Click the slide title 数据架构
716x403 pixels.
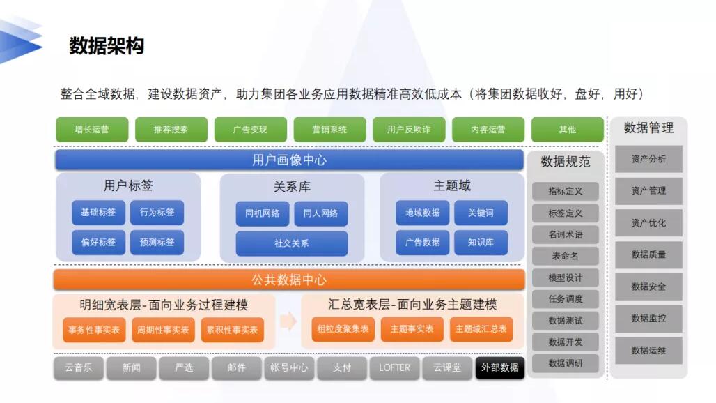click(x=107, y=46)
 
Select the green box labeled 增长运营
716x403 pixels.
click(x=92, y=129)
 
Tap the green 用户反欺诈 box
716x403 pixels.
click(x=409, y=129)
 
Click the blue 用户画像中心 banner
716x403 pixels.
click(x=289, y=160)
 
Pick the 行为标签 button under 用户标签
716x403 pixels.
click(x=157, y=213)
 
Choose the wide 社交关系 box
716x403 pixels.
click(x=291, y=243)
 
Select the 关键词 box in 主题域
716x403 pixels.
click(x=481, y=213)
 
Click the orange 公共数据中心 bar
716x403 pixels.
click(x=289, y=280)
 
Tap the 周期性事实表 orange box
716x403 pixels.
click(x=163, y=329)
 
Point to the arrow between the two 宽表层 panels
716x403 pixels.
click(x=288, y=321)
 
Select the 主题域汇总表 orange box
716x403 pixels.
click(x=481, y=329)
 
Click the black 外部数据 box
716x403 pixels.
click(x=499, y=368)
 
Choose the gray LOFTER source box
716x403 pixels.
click(x=394, y=368)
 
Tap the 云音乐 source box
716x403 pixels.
click(x=79, y=368)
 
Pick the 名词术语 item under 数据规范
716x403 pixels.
click(x=566, y=234)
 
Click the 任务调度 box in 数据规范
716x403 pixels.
click(x=566, y=299)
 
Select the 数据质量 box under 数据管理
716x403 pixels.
click(x=648, y=254)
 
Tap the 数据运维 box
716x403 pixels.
click(x=648, y=351)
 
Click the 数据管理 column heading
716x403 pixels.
click(x=648, y=128)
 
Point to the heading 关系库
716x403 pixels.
click(x=292, y=186)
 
